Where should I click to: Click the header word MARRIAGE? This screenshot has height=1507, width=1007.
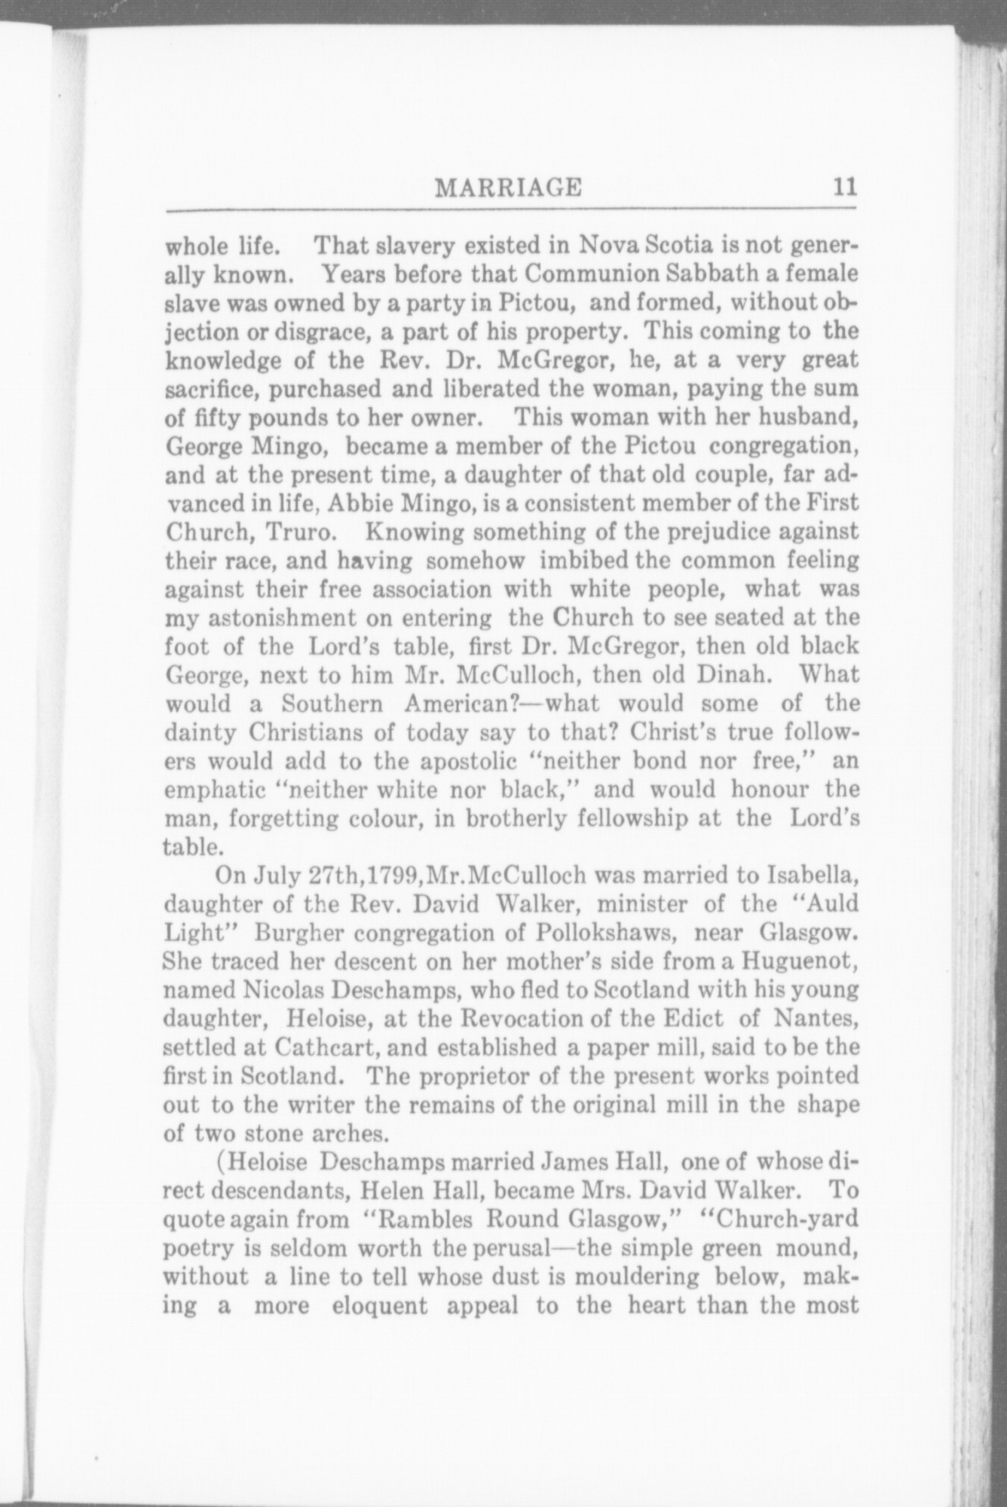[x=509, y=186]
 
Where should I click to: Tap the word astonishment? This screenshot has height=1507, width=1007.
[x=271, y=617]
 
